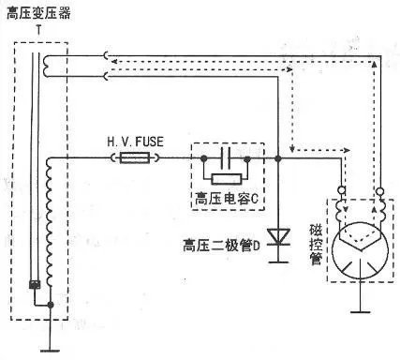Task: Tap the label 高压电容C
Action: click(225, 200)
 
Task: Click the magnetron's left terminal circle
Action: click(342, 193)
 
